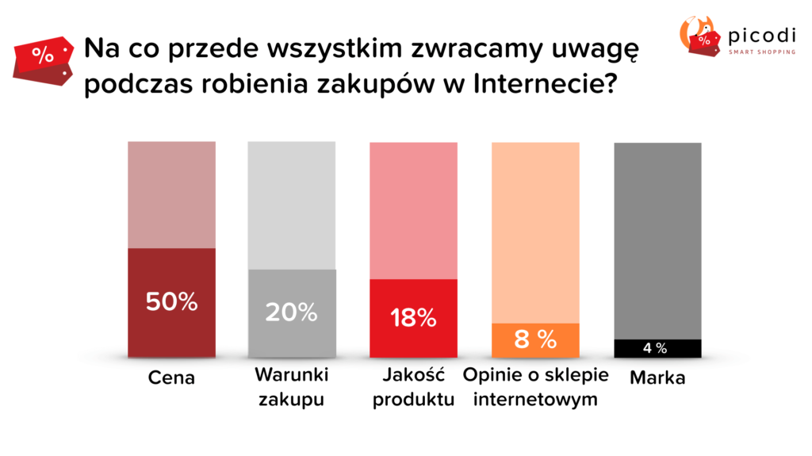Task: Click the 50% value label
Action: tap(171, 301)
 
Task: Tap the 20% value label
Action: tap(291, 312)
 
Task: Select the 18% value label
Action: tap(413, 318)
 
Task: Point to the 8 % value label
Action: tap(535, 339)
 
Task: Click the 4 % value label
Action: tap(655, 348)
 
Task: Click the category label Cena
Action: tap(171, 378)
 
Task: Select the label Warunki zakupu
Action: tap(291, 386)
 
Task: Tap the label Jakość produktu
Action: tap(413, 386)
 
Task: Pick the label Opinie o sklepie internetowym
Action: tap(535, 386)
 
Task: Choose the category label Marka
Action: tap(657, 378)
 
